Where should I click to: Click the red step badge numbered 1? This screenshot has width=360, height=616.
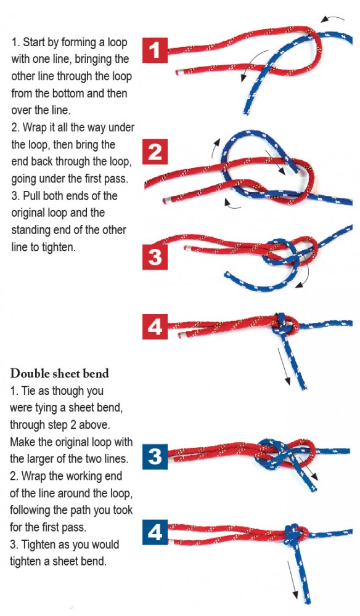(155, 51)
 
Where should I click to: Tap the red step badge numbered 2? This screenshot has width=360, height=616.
(155, 152)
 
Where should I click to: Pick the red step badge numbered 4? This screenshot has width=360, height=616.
(155, 326)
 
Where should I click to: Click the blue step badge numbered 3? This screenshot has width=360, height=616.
(155, 456)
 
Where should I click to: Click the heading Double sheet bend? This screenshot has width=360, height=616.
(60, 374)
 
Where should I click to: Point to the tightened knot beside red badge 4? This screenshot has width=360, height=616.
(282, 323)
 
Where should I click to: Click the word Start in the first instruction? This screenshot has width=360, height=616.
(35, 44)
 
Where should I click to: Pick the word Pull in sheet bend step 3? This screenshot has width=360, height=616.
(33, 196)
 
